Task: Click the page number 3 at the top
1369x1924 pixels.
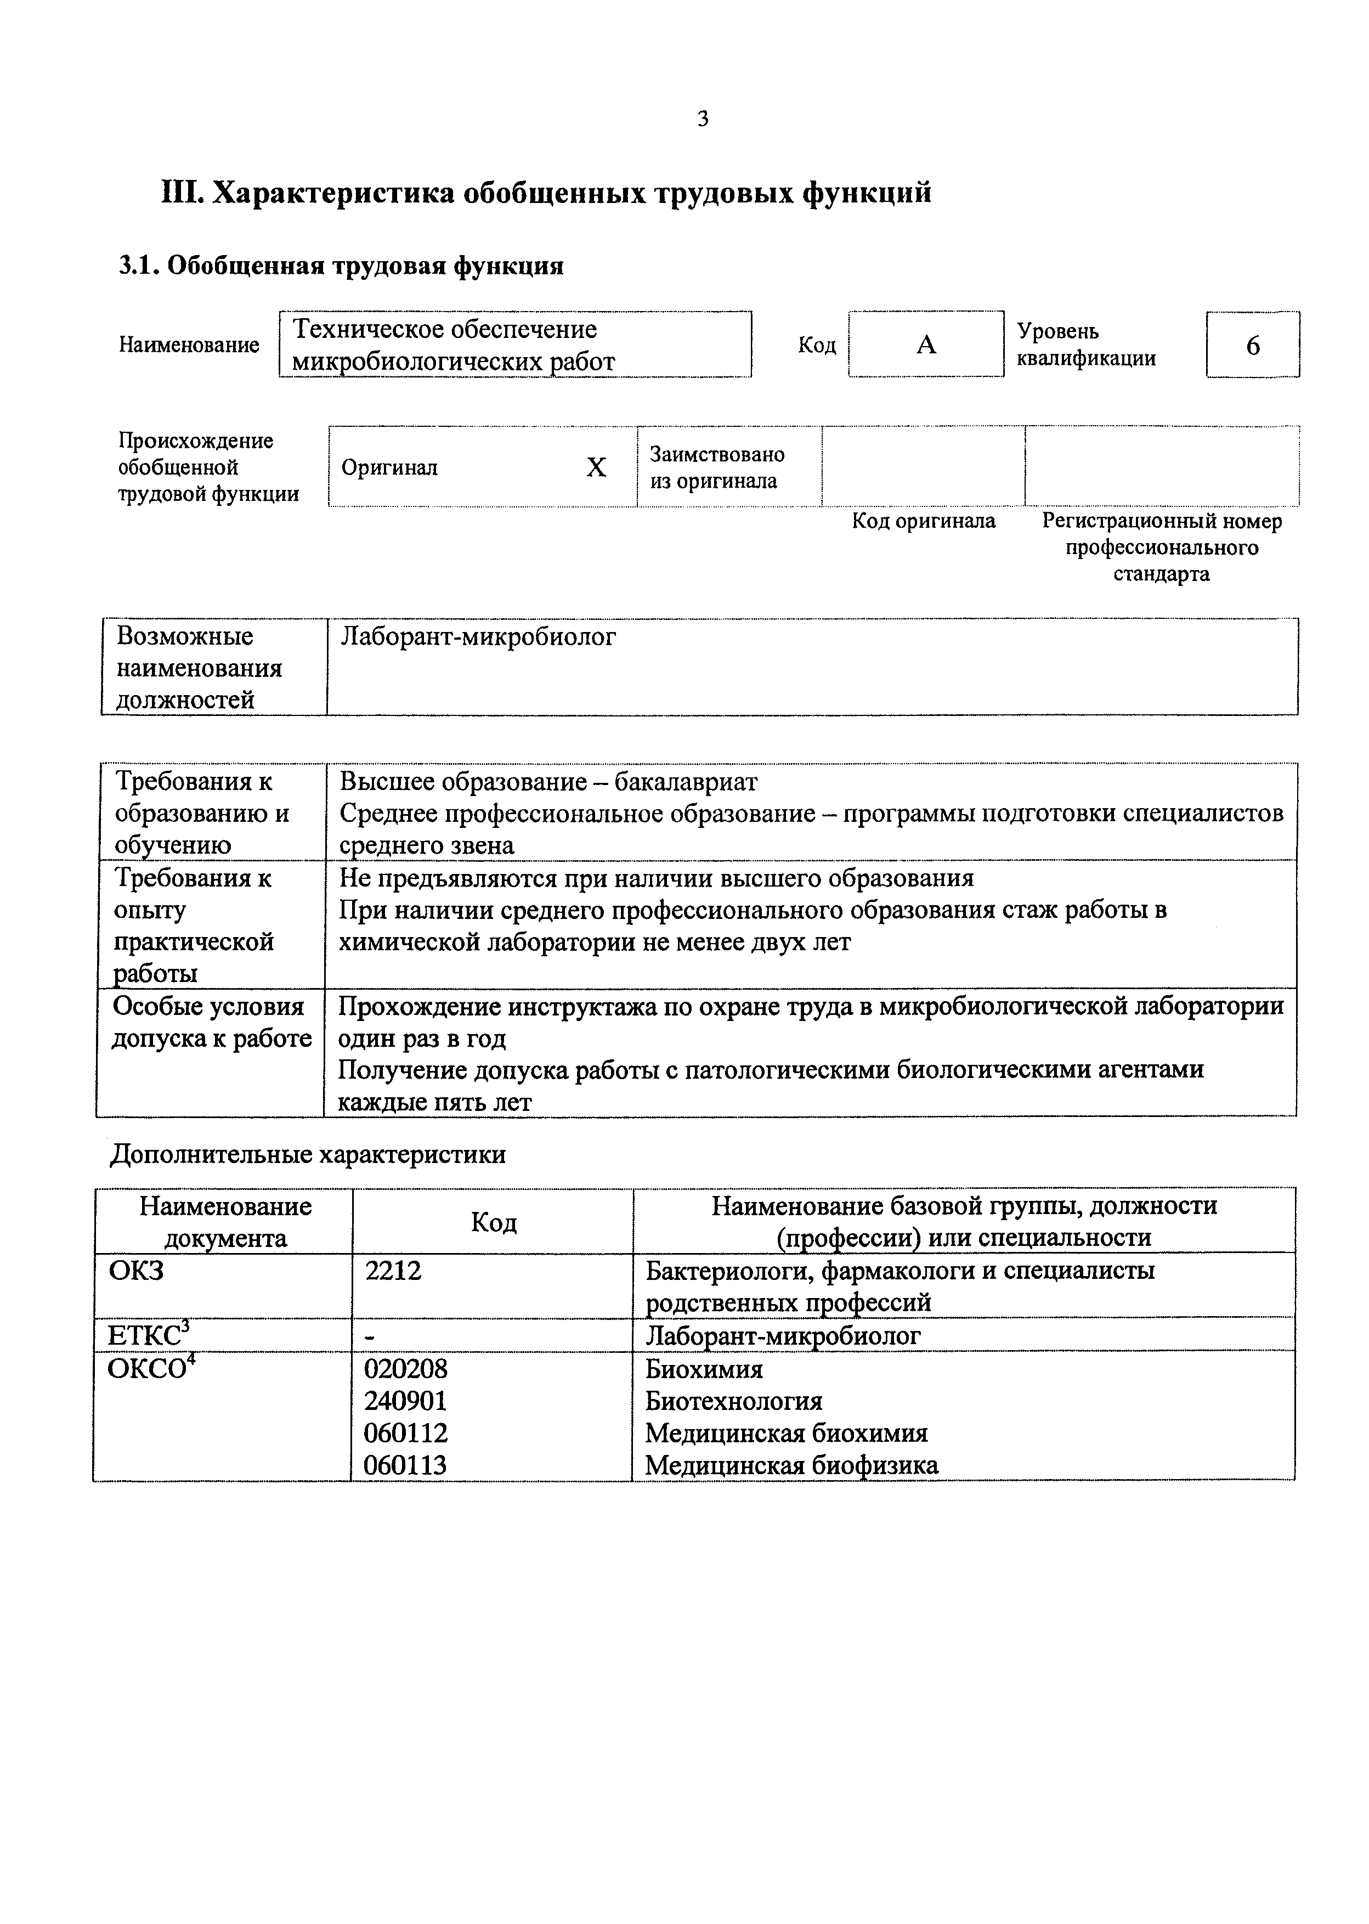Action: click(703, 119)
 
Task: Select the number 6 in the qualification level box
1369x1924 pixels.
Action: click(1253, 346)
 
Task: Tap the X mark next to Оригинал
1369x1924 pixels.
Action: click(596, 467)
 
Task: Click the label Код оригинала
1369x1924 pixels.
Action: click(923, 521)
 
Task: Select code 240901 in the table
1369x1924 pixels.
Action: click(405, 1401)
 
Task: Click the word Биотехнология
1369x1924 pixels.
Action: click(733, 1401)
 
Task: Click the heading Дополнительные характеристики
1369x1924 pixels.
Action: click(308, 1153)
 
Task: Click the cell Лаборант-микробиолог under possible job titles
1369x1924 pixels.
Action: click(477, 636)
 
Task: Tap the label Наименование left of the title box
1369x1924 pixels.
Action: click(189, 345)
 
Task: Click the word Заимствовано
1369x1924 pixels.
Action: click(716, 454)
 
